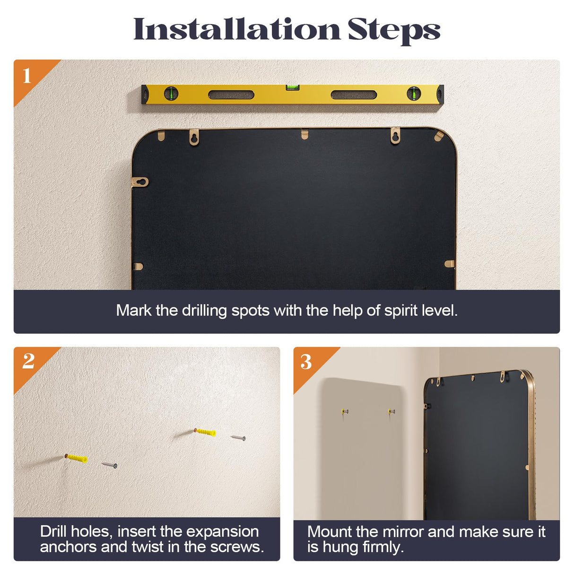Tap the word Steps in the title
tap(394, 31)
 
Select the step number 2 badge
tap(28, 361)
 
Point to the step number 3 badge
tap(306, 362)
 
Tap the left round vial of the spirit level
tap(171, 94)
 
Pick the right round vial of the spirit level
tap(414, 94)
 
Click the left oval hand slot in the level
tap(231, 95)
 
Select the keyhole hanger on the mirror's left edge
tap(139, 182)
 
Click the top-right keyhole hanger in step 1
tap(395, 136)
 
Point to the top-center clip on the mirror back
tap(304, 134)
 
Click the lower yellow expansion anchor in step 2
tap(76, 459)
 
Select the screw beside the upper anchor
tap(238, 438)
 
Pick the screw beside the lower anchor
tap(109, 465)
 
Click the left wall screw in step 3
tap(345, 411)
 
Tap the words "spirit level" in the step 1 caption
tap(421, 311)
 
